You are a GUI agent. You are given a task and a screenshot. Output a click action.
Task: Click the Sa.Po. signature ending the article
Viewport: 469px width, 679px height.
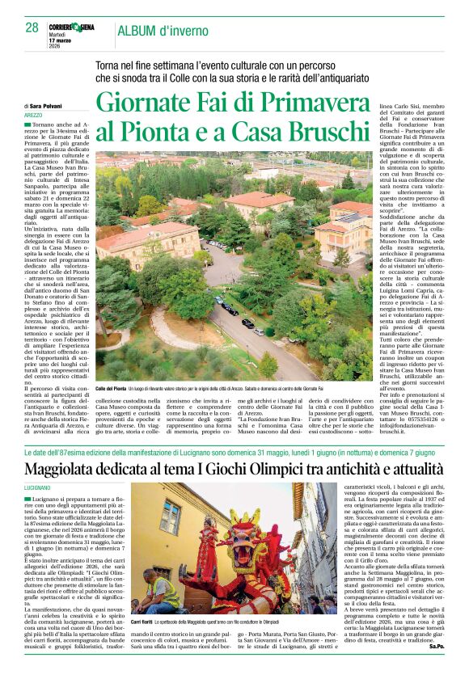pos(436,669)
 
